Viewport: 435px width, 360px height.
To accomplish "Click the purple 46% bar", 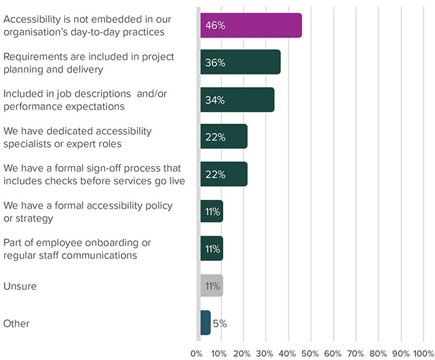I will [251, 25].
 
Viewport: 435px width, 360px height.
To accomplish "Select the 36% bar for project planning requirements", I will [240, 62].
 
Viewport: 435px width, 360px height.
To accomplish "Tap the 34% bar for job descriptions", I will [237, 100].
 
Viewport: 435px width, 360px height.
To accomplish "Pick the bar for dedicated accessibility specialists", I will [224, 137].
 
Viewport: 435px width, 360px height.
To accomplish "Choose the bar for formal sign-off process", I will [224, 174].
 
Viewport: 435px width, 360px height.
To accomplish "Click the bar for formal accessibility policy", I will [211, 211].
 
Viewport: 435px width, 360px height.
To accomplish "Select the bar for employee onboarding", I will [211, 248].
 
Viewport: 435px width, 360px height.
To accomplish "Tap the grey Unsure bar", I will [211, 286].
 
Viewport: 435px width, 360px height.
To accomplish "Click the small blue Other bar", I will [205, 323].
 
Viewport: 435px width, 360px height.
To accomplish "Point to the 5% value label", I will [219, 323].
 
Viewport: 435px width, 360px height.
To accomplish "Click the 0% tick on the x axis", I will [197, 353].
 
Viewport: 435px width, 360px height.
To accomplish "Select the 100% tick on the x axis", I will [423, 353].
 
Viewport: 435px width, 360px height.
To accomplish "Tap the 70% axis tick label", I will [355, 353].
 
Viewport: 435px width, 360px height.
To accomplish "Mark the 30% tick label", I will [265, 353].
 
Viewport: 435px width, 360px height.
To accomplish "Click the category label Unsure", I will [20, 286].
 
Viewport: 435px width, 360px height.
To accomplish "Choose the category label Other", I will [16, 323].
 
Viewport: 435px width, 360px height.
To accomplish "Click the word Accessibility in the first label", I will [31, 19].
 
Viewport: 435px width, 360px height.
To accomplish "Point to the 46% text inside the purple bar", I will [215, 25].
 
